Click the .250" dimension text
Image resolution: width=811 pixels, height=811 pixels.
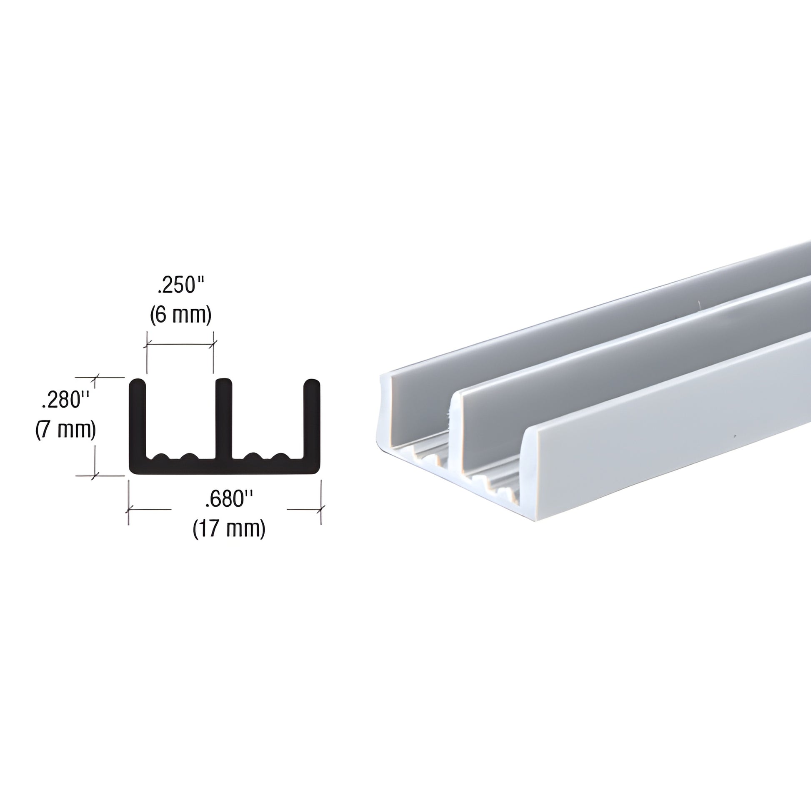(180, 286)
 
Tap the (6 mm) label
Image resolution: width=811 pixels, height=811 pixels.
(180, 315)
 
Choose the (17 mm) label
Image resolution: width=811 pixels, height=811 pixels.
(229, 529)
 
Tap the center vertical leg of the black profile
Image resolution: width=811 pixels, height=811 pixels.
(223, 416)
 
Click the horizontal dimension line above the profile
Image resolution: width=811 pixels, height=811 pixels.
(180, 345)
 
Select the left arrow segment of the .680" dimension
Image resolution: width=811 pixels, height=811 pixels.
(150, 509)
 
